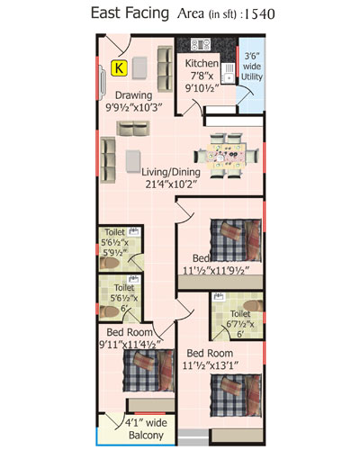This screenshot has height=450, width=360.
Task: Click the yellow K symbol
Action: click(119, 67)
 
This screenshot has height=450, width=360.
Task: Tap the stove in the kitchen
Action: click(201, 44)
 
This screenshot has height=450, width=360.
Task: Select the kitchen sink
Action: click(229, 73)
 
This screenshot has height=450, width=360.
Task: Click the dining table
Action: click(226, 156)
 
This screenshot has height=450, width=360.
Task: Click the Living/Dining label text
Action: click(171, 172)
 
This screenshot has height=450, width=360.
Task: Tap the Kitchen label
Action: click(202, 64)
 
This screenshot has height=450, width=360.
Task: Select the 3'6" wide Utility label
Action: click(252, 67)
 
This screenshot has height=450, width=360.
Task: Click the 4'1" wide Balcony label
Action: click(146, 429)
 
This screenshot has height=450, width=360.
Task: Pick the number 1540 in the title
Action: click(260, 14)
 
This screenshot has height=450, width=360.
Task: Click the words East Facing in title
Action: click(130, 13)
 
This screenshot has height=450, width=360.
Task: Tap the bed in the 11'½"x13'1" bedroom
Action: click(236, 395)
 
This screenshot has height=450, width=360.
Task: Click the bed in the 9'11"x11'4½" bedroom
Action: click(148, 371)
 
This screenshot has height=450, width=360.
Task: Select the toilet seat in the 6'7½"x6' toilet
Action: click(253, 306)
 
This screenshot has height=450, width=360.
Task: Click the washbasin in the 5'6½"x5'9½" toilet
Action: click(134, 231)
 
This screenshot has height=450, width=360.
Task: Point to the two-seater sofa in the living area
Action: click(133, 129)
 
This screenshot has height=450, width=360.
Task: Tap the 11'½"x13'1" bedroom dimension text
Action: click(210, 365)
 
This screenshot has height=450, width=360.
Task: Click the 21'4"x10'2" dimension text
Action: click(171, 184)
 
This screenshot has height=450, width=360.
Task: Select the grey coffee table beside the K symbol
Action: click(139, 68)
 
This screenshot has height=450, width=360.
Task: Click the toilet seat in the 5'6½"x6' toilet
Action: click(110, 311)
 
